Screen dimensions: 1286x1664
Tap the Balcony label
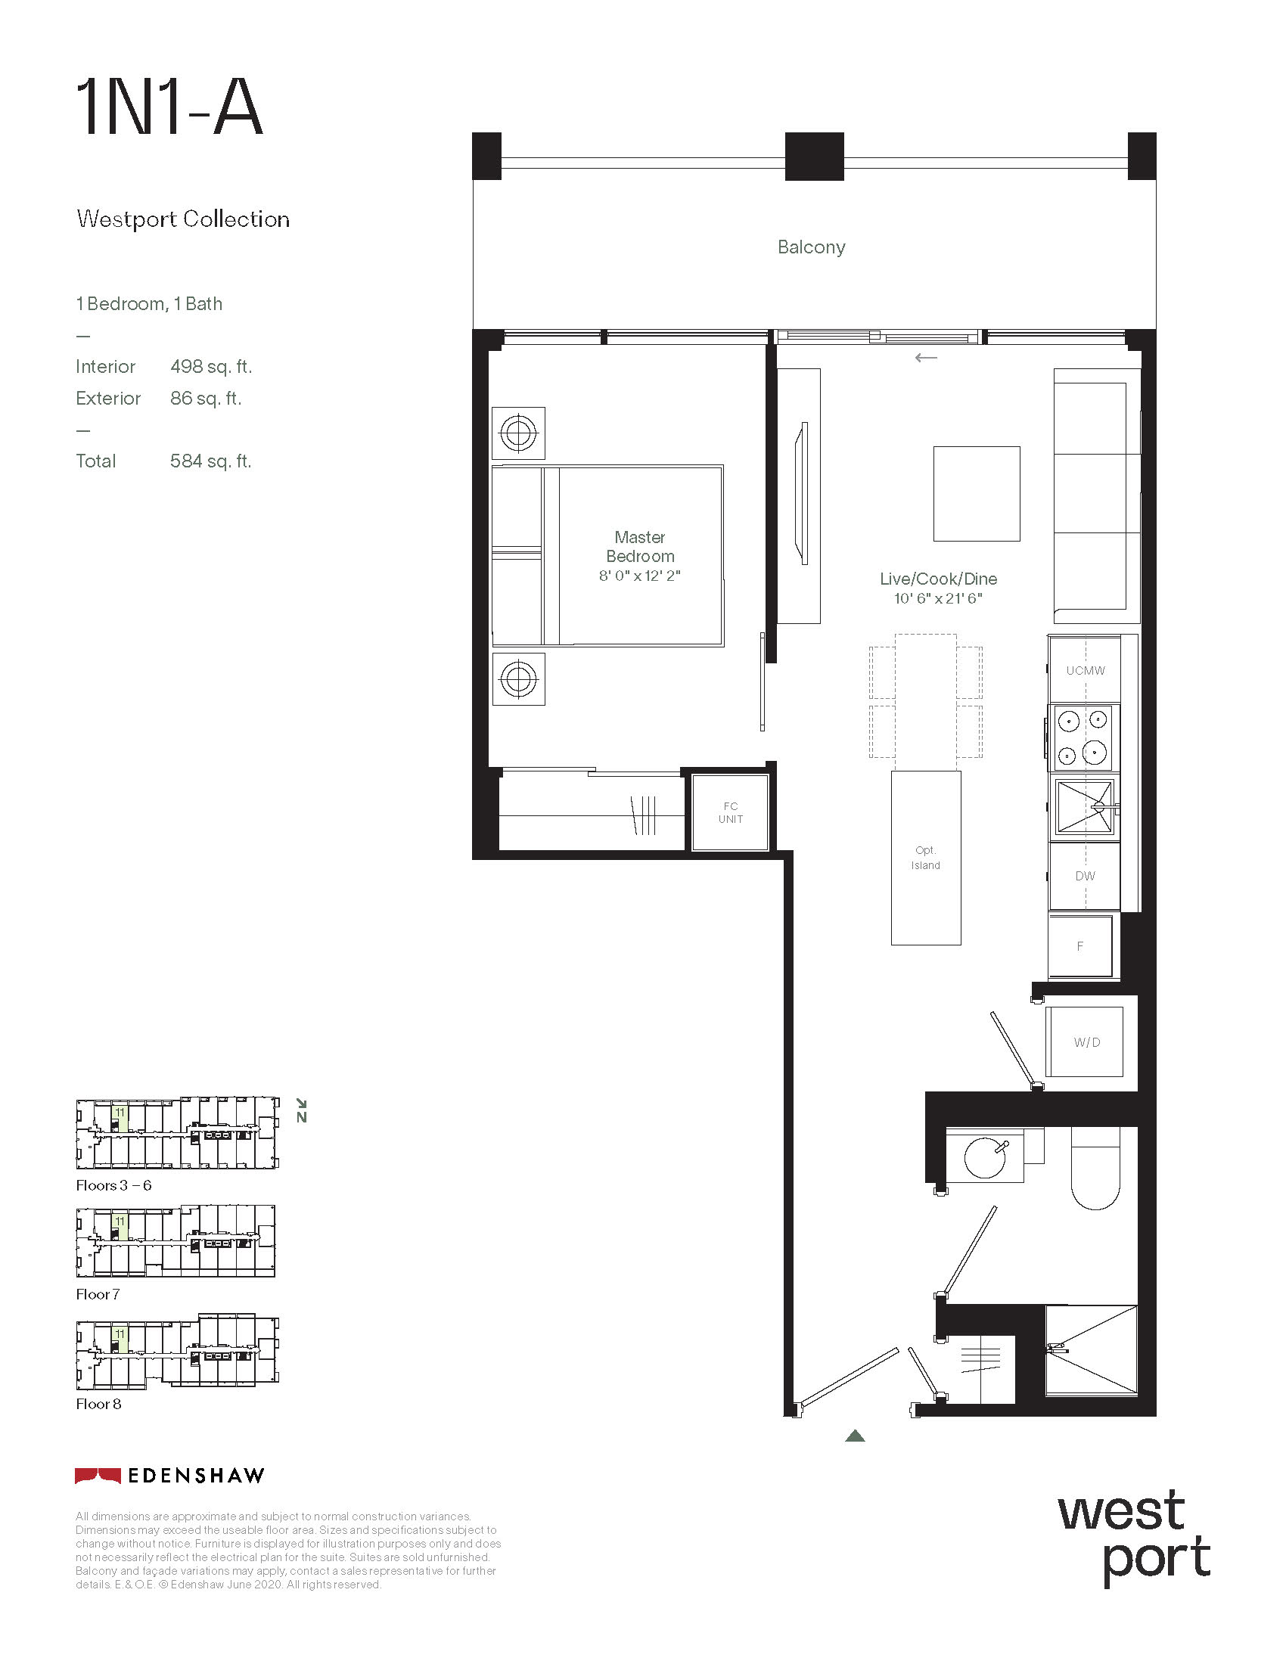(812, 247)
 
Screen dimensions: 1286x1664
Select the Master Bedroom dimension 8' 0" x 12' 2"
(639, 576)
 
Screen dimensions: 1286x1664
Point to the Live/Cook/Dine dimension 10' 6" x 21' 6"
(938, 598)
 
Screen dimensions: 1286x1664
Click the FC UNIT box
(730, 812)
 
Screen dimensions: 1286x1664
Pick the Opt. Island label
(926, 858)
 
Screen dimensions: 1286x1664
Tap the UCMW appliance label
(1086, 670)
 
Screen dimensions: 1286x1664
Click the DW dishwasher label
(1085, 876)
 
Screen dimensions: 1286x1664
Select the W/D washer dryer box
(1085, 1042)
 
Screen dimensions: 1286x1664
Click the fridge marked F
(1080, 945)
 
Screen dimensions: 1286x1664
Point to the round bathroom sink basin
(985, 1156)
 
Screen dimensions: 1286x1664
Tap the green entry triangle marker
(856, 1436)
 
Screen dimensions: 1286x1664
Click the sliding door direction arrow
(926, 357)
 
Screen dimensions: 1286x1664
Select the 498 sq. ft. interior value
(211, 367)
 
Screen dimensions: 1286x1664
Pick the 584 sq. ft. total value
(211, 461)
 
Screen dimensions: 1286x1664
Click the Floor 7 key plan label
(98, 1294)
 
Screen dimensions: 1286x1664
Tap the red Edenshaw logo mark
(98, 1476)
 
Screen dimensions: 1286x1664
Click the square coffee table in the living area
(977, 494)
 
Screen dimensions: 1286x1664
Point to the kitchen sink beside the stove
(1084, 806)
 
